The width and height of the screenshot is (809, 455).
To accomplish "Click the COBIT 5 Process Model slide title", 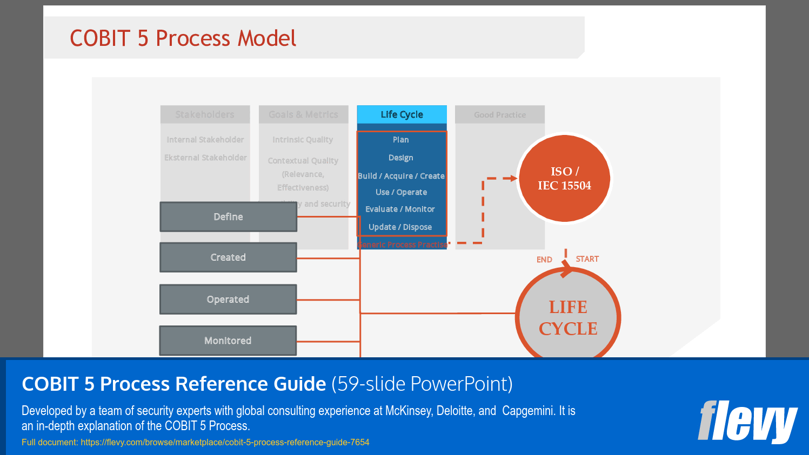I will click(x=183, y=38).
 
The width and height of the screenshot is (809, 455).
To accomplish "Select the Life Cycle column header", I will click(x=402, y=114).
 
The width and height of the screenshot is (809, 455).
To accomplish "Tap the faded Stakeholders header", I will click(x=205, y=114).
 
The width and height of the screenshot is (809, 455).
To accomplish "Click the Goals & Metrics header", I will click(x=303, y=114).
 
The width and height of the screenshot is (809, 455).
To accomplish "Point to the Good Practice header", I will click(x=499, y=115).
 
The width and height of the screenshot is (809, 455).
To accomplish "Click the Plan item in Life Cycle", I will click(x=401, y=140).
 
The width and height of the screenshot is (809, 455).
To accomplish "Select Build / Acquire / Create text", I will click(x=401, y=176).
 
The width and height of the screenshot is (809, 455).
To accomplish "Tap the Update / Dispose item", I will click(x=400, y=227).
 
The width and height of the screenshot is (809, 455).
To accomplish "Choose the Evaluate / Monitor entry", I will click(x=400, y=209).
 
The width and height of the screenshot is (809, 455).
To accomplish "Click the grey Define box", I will click(x=228, y=217).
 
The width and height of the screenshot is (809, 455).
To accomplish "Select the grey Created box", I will click(x=228, y=257).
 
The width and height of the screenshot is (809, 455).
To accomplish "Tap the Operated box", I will click(x=228, y=300).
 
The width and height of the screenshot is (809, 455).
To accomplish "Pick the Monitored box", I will click(x=228, y=341).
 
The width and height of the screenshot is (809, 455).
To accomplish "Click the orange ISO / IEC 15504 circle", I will click(x=564, y=179).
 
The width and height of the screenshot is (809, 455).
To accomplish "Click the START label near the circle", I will click(x=587, y=259).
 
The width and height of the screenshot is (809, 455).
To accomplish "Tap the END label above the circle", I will click(x=544, y=260).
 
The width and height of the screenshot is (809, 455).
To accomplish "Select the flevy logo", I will click(x=747, y=422).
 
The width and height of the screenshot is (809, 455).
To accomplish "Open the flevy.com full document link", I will click(x=225, y=443).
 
